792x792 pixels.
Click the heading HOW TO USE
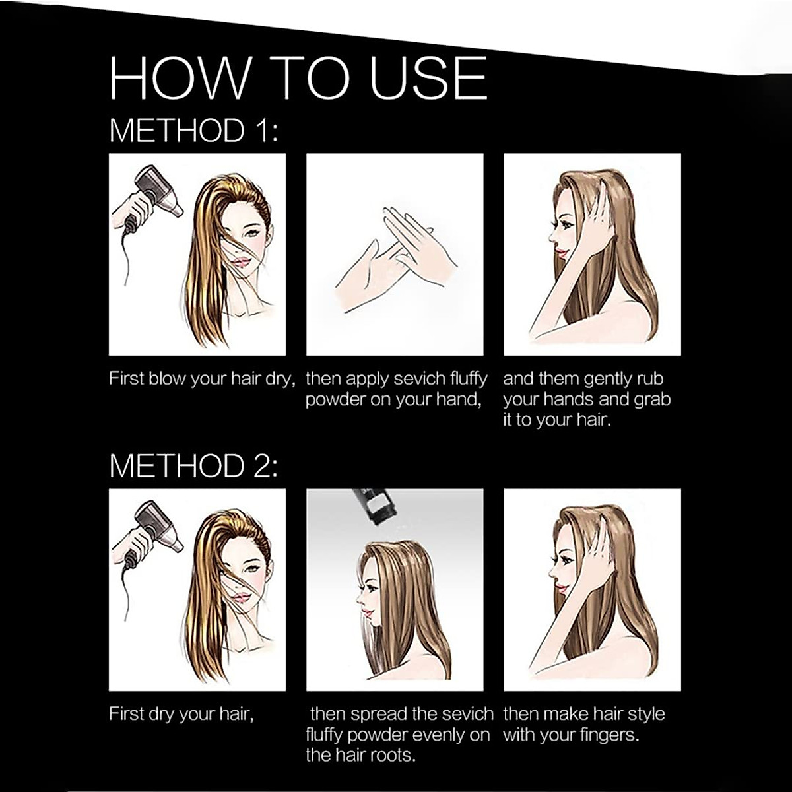[x=298, y=78]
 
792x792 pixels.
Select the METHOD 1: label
[x=193, y=130]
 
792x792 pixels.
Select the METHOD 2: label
[x=193, y=465]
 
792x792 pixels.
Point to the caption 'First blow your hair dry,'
[x=201, y=379]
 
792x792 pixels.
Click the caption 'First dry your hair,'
[x=181, y=714]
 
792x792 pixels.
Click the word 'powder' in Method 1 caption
[x=335, y=400]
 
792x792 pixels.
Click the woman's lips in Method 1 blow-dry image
[x=242, y=261]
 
